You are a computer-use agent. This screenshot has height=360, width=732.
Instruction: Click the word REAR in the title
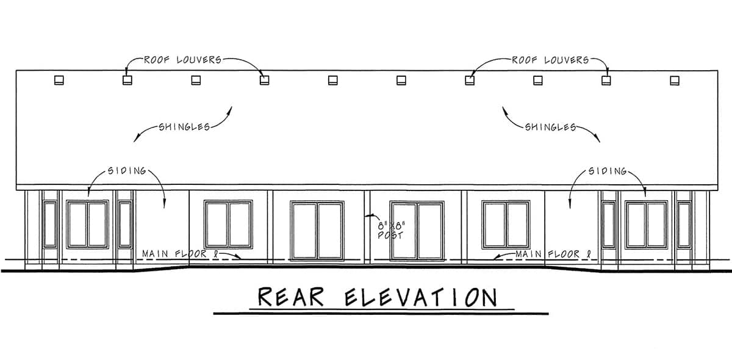pos(291,297)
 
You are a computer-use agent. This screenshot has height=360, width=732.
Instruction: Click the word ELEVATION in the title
pos(422,297)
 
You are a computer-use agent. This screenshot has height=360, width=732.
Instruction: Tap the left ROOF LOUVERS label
pos(182,60)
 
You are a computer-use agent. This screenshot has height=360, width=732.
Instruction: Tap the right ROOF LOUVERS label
pos(550,60)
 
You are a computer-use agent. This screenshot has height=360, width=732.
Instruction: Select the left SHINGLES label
pos(184,127)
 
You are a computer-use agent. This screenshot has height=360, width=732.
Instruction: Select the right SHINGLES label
pos(551,127)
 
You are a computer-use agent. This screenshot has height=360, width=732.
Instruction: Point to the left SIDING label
pos(127,171)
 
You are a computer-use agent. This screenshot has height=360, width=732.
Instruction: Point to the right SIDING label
pos(608,171)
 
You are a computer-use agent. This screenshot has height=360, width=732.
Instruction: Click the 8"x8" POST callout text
pos(391,231)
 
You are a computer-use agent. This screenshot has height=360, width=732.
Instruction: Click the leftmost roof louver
pos(59,80)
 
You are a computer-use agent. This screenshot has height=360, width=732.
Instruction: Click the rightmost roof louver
pos(675,81)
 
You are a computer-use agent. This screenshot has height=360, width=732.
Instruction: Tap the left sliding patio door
pos(317,231)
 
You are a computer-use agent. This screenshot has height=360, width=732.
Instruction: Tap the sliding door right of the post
pos(417,231)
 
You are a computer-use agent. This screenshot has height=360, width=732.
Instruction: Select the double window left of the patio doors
pos(228,225)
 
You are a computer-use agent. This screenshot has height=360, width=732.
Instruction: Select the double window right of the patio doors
pos(506,225)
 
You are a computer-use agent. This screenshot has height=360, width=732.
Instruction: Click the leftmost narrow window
pos(50,225)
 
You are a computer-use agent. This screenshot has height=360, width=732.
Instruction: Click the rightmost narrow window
pos(684,225)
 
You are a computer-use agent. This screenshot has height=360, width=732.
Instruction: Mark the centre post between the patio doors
pos(367,227)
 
